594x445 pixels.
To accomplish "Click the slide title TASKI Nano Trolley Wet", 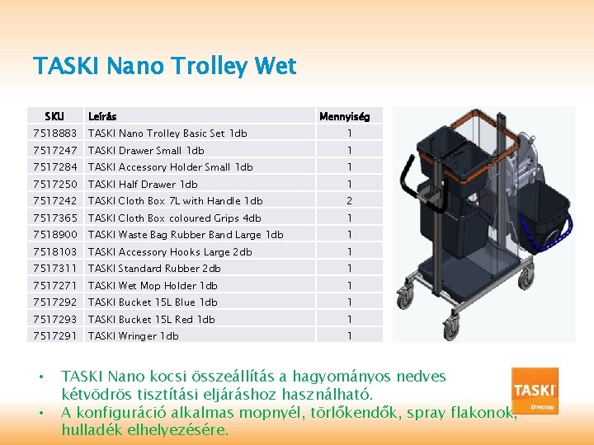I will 164,66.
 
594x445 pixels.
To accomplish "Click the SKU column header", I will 54,116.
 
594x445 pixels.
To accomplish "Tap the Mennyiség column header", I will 345,116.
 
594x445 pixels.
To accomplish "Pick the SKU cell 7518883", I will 54,133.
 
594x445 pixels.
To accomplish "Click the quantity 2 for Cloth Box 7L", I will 349,200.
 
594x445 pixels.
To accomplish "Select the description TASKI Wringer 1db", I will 133,335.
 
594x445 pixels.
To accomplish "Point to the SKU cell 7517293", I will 54,319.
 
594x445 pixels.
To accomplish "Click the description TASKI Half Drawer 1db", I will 143,184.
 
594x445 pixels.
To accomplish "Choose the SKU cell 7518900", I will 54,234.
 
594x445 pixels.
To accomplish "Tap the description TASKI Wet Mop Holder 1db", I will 153,285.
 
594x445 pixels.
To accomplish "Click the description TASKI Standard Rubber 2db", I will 154,268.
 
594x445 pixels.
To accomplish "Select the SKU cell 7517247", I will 54,150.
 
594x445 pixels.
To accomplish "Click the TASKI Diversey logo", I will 535,391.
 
